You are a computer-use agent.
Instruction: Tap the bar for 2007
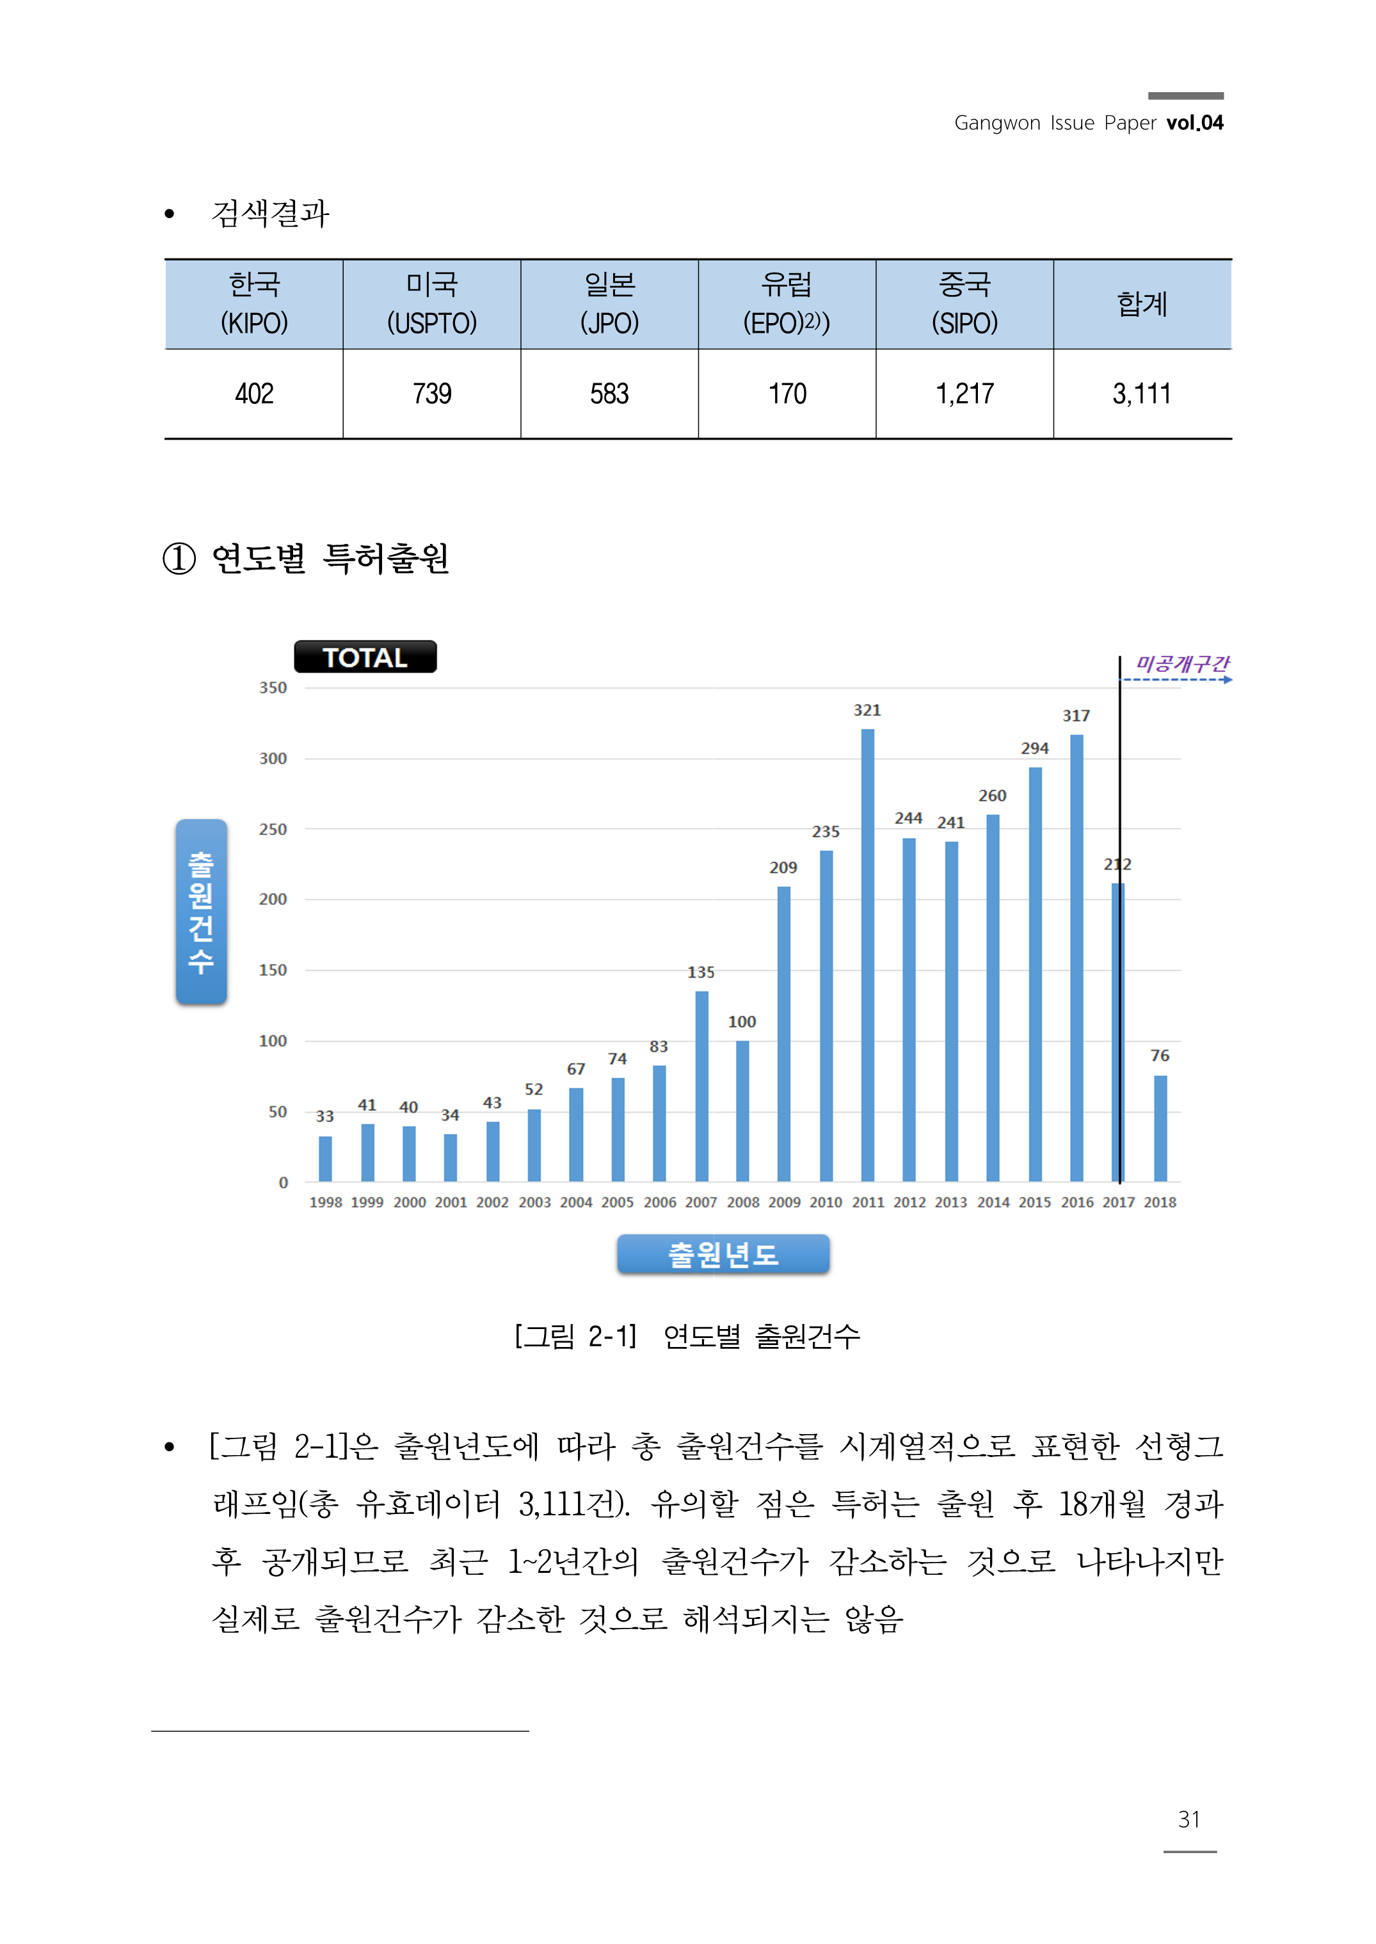click(x=701, y=1086)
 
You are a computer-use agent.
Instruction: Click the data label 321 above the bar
click(x=867, y=710)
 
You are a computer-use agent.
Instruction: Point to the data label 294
click(x=1034, y=748)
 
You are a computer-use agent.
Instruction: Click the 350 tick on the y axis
click(x=273, y=688)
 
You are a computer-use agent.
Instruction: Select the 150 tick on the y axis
click(x=273, y=970)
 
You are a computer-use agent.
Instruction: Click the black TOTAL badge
click(x=365, y=657)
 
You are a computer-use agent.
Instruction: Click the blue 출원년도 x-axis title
click(x=723, y=1254)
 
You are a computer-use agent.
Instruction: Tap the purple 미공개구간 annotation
click(x=1181, y=664)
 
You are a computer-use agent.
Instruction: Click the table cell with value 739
click(x=432, y=394)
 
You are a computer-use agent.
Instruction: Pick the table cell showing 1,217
click(x=964, y=394)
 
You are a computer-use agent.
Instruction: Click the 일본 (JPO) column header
click(x=609, y=303)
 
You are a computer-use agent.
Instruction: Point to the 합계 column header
click(x=1142, y=303)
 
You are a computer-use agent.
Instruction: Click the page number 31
click(x=1188, y=1819)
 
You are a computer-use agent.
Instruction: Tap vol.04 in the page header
click(x=1195, y=123)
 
